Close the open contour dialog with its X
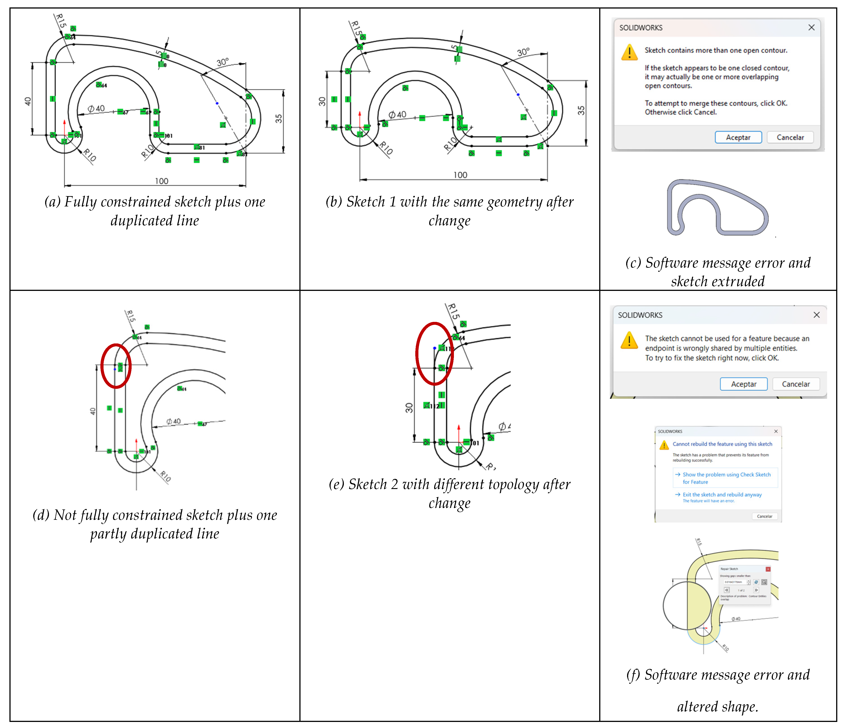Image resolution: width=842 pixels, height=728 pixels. (x=811, y=28)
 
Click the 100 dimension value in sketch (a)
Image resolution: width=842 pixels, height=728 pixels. (x=161, y=181)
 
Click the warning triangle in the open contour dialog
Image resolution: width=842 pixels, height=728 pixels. (x=629, y=52)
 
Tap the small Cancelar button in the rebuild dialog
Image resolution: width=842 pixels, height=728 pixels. (x=764, y=516)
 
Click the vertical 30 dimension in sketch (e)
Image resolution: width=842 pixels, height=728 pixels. (x=409, y=408)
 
